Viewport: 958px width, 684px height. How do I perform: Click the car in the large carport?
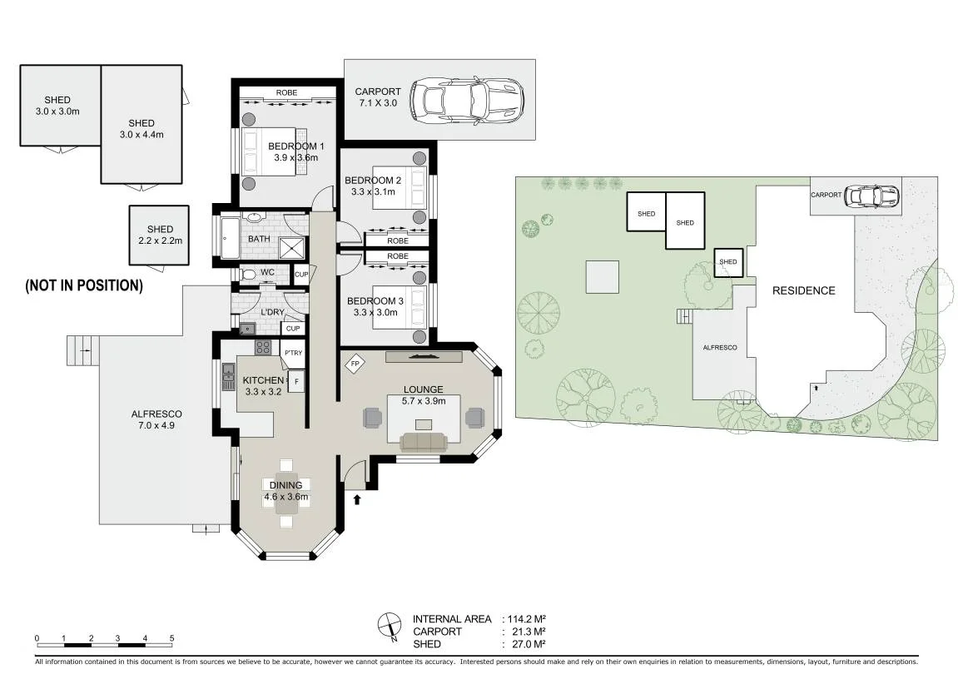467,101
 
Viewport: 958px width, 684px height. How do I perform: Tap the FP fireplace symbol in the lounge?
355,364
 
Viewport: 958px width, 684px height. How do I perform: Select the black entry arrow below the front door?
357,499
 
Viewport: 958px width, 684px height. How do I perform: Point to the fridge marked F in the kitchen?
296,382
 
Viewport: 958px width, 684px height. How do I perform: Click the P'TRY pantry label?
293,352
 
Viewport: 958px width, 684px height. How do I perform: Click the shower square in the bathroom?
290,248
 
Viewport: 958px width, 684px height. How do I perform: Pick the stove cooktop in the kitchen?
263,348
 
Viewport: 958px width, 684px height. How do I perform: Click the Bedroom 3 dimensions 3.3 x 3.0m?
375,312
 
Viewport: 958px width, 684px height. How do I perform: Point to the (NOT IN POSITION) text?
84,285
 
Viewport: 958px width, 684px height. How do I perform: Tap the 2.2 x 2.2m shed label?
160,240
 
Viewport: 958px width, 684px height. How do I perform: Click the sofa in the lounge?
424,442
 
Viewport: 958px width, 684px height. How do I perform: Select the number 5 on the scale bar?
171,638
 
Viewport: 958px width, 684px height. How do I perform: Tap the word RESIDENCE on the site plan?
803,290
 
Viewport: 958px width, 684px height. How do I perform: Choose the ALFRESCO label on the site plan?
720,348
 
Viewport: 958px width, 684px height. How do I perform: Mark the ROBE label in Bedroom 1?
286,93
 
